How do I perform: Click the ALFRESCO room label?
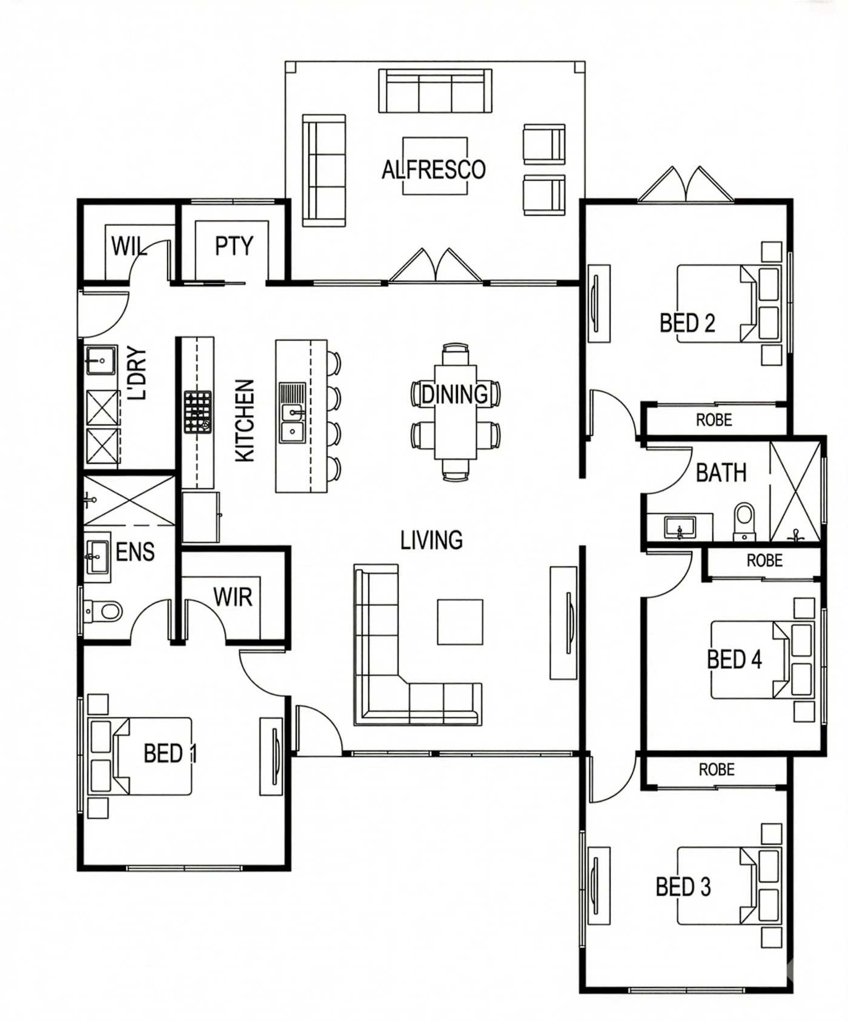(x=434, y=169)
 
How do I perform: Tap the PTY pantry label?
(x=234, y=246)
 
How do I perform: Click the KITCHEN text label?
(x=245, y=421)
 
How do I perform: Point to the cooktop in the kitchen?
(x=198, y=412)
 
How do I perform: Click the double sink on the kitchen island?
(x=293, y=412)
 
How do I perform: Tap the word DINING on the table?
(x=454, y=394)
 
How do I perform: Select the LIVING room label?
(x=432, y=540)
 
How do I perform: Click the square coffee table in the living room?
(x=460, y=622)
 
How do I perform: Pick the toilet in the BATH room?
(x=744, y=522)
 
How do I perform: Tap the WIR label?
(x=233, y=597)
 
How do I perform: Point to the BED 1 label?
(x=170, y=754)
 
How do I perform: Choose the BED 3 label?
(x=683, y=887)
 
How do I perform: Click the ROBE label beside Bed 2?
(x=714, y=420)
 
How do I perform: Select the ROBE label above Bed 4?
(x=764, y=560)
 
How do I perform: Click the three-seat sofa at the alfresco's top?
(x=435, y=91)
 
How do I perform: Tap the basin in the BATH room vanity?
(x=680, y=527)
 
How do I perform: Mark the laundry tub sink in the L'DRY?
(x=101, y=361)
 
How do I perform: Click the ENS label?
(x=135, y=552)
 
